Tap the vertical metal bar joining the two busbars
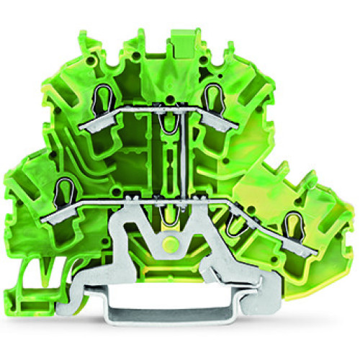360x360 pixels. coord(189,154)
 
